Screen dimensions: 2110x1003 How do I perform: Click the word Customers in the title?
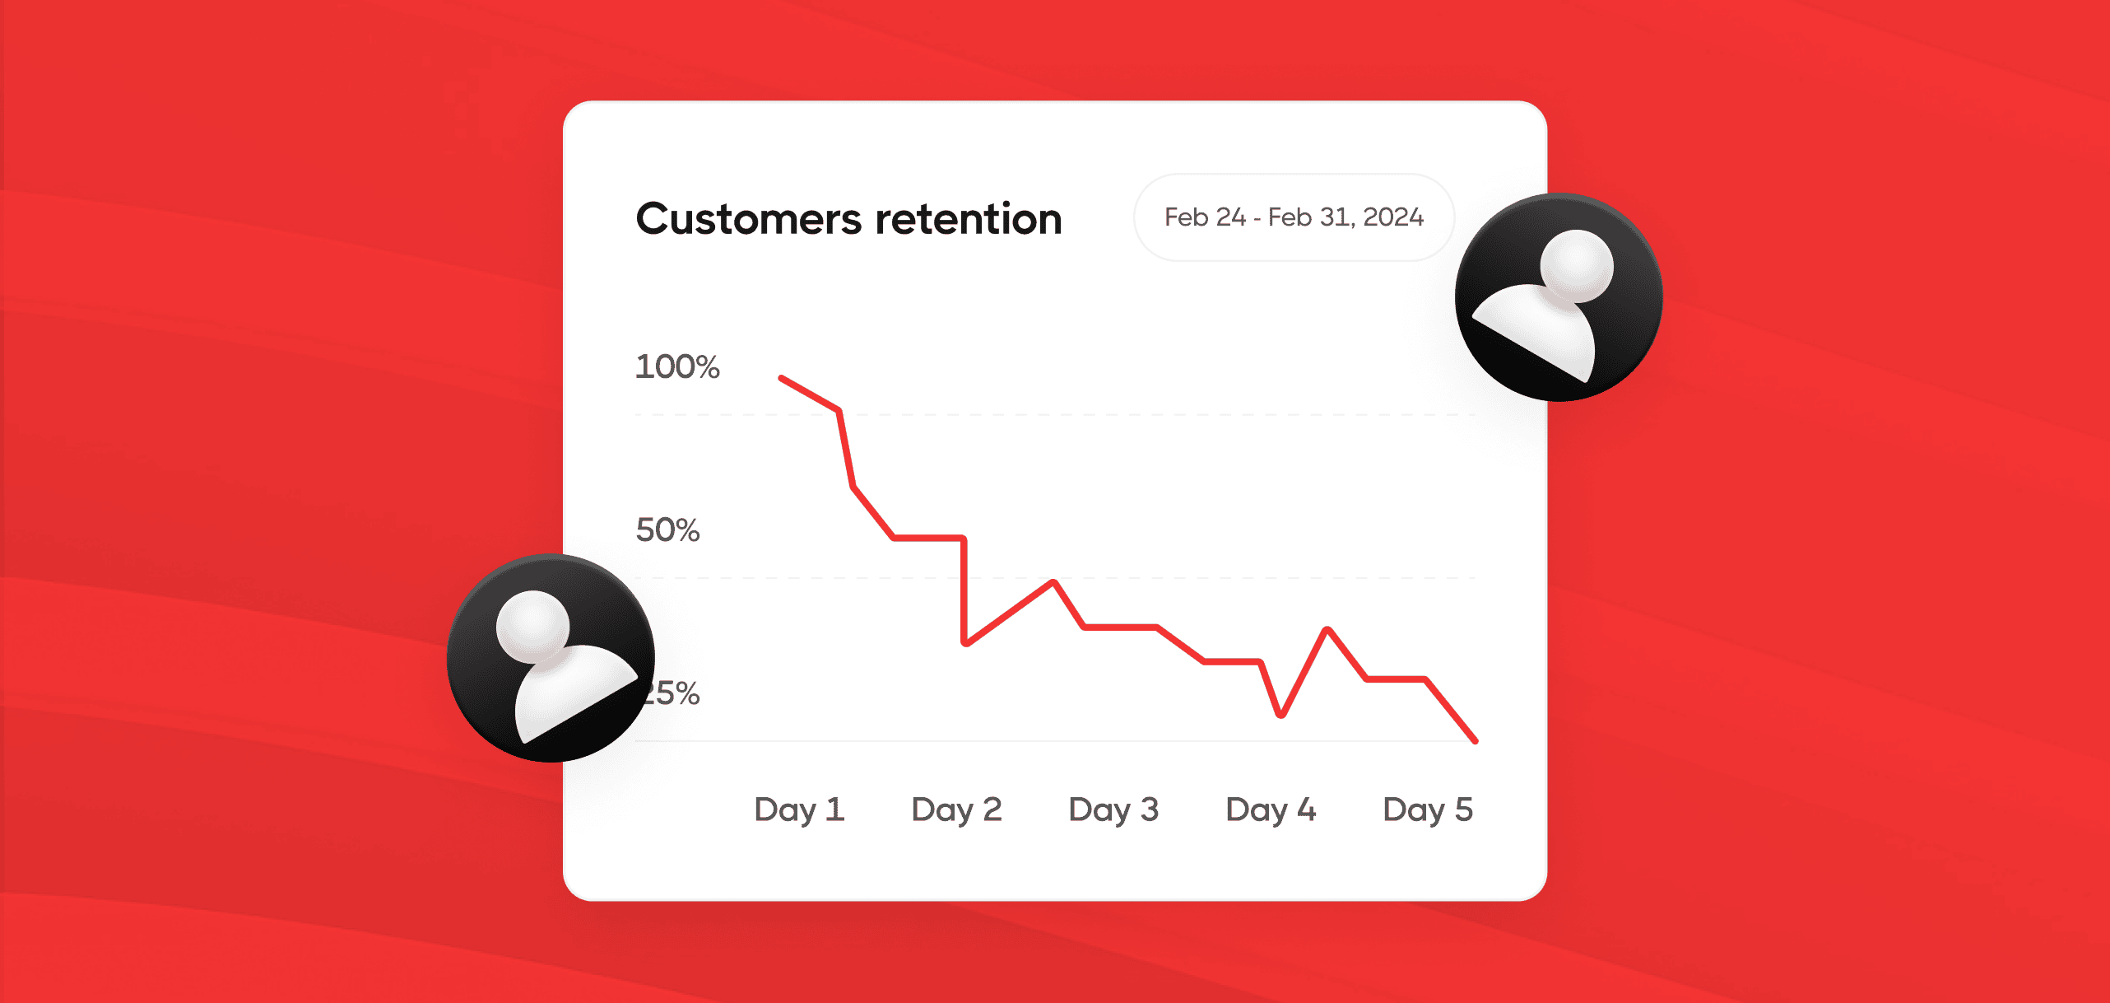748,219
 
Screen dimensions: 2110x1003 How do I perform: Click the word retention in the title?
969,219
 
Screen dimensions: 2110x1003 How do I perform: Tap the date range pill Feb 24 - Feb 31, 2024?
1294,217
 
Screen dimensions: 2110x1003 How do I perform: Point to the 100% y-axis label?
677,366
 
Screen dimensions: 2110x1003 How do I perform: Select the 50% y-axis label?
667,529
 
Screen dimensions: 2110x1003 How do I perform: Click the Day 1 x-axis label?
799,809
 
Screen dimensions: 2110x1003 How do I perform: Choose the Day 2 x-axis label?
956,809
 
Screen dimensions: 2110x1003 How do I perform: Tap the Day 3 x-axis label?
1113,809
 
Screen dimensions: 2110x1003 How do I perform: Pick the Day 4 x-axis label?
1271,809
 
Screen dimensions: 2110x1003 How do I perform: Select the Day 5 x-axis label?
1428,809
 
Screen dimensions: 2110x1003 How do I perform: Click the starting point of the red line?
781,378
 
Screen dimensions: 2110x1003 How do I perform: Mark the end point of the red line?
1476,741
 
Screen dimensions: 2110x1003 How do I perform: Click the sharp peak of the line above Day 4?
1327,630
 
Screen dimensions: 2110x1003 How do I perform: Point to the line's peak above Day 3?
1053,582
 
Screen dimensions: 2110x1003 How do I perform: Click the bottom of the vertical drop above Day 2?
965,643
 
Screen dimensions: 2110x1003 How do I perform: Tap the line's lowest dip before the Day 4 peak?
1281,715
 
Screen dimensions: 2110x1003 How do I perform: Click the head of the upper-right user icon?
1577,265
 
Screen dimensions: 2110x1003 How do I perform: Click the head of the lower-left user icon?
533,627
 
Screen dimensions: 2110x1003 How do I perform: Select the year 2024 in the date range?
1393,217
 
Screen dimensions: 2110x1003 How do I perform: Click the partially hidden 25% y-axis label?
670,693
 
